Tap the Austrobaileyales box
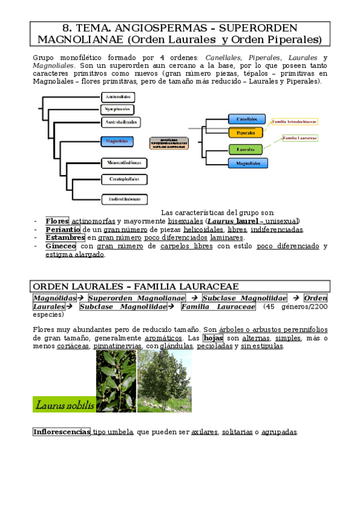(x=120, y=122)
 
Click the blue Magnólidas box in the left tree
(x=116, y=142)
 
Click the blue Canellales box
(x=246, y=120)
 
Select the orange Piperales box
(x=245, y=132)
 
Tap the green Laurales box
(x=245, y=149)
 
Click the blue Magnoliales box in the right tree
(x=248, y=163)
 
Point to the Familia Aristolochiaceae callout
(x=294, y=121)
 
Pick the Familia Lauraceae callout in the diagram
(x=300, y=138)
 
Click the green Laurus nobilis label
(x=64, y=405)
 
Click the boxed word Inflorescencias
(x=61, y=432)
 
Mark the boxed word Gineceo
(x=61, y=246)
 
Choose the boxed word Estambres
(x=65, y=238)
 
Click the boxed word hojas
(x=213, y=338)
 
